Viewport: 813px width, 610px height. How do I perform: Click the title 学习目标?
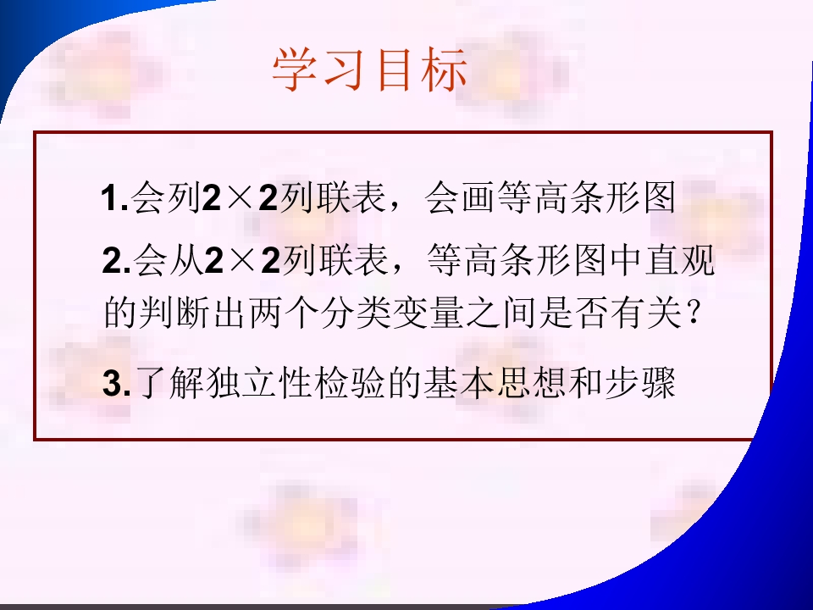[370, 71]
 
